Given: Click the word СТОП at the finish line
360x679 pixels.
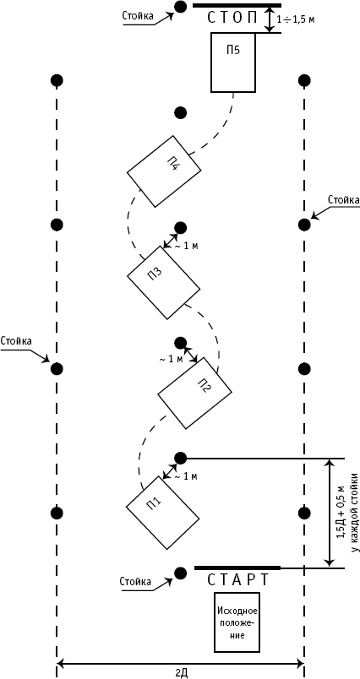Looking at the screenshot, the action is pyautogui.click(x=233, y=19).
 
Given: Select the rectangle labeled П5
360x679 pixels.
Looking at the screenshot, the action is pyautogui.click(x=233, y=62).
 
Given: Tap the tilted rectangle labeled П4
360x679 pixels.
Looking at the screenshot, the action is pyautogui.click(x=164, y=171).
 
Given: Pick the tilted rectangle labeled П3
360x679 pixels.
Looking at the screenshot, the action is pyautogui.click(x=163, y=282).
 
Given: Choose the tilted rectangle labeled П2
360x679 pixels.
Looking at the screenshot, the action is pyautogui.click(x=194, y=393).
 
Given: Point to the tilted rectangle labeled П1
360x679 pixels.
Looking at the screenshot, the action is pyautogui.click(x=162, y=513).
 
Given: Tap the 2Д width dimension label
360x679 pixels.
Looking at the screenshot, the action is pyautogui.click(x=181, y=672).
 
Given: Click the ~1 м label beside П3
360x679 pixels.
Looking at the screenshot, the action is pyautogui.click(x=186, y=247).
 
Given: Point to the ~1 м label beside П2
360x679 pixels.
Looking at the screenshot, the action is pyautogui.click(x=171, y=359).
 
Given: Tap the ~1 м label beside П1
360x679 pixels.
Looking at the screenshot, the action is pyautogui.click(x=186, y=477).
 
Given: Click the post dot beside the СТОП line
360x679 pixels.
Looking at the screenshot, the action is pyautogui.click(x=180, y=7).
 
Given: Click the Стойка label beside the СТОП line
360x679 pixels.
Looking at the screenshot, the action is pyautogui.click(x=138, y=16).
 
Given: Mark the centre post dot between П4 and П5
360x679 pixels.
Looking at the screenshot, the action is pyautogui.click(x=180, y=112).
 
